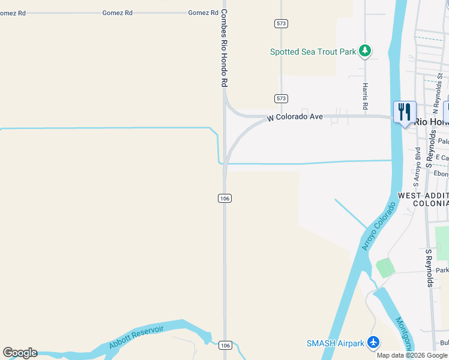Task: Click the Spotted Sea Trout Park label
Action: point(313,52)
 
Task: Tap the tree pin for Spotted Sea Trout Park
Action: point(364,50)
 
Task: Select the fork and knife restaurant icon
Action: point(405,112)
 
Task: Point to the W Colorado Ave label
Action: point(295,118)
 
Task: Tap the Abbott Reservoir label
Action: point(136,338)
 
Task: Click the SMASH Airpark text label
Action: point(335,343)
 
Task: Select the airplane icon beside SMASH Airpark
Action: point(374,343)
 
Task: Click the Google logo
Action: point(20,353)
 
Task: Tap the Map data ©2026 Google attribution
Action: point(412,355)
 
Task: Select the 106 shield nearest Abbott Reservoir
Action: point(224,345)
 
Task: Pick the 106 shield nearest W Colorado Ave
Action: point(224,198)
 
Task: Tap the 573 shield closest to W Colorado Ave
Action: point(281,98)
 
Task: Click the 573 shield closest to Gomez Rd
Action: point(281,23)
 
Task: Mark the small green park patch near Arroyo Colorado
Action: point(385,268)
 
